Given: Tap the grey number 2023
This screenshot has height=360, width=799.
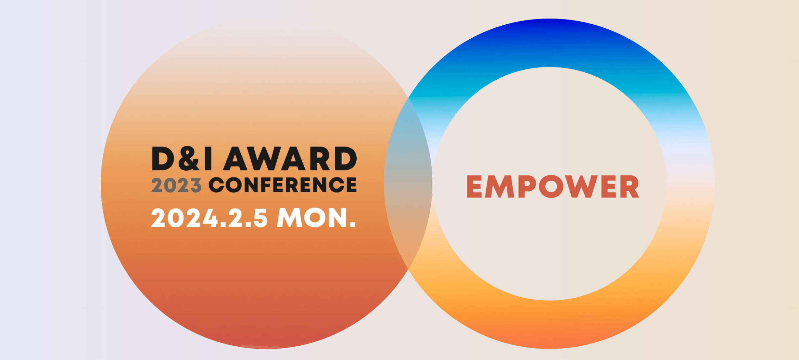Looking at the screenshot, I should click(176, 186).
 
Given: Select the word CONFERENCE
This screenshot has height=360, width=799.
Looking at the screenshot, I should click(283, 185).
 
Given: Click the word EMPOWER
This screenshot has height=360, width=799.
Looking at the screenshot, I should click(553, 187).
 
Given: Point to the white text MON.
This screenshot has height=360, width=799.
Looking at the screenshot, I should click(316, 218).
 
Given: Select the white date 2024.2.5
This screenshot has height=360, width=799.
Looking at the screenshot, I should click(209, 218).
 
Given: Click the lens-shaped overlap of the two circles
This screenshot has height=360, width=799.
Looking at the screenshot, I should click(408, 184).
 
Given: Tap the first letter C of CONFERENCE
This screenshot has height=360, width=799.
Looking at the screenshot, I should click(217, 185).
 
